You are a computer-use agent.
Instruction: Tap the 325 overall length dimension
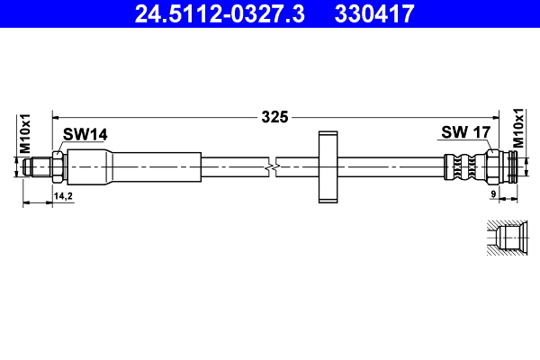(274, 116)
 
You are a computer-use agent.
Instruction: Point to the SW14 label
(85, 134)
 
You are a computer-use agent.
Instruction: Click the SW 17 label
(464, 132)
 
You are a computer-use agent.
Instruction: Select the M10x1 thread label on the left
(25, 132)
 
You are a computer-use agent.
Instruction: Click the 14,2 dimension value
(64, 194)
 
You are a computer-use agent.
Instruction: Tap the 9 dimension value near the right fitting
(494, 193)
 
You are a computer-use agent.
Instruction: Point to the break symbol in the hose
(273, 166)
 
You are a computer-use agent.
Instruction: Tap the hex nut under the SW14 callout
(58, 166)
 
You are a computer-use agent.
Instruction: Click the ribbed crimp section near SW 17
(463, 166)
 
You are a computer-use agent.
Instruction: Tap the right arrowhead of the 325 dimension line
(509, 116)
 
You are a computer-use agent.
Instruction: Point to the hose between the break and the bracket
(298, 166)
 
